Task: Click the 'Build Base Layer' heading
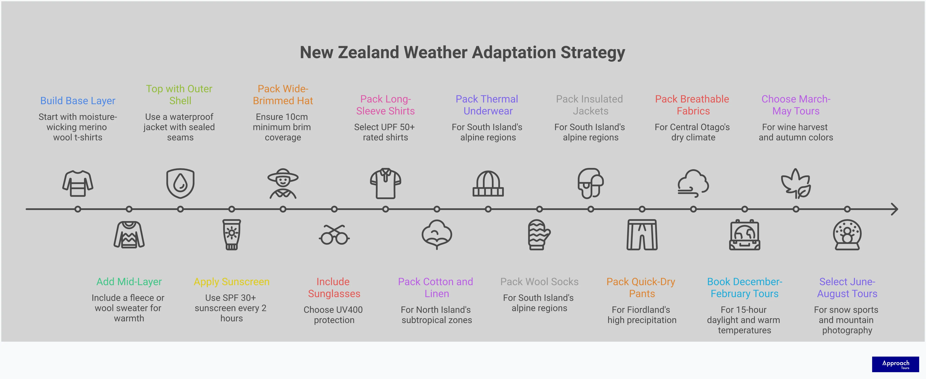pyautogui.click(x=78, y=101)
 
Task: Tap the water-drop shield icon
pyautogui.click(x=180, y=183)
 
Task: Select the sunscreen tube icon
pyautogui.click(x=231, y=235)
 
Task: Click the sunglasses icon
pyautogui.click(x=334, y=235)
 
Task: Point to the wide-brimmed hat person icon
pyautogui.click(x=283, y=183)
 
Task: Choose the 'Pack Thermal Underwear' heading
pyautogui.click(x=487, y=105)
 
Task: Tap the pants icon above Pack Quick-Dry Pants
pyautogui.click(x=642, y=235)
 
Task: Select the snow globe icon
pyautogui.click(x=847, y=235)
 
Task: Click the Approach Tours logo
pyautogui.click(x=895, y=364)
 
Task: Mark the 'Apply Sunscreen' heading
pyautogui.click(x=231, y=282)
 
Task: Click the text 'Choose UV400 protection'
pyautogui.click(x=333, y=315)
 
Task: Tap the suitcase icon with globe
pyautogui.click(x=745, y=235)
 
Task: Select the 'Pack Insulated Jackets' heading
pyautogui.click(x=590, y=105)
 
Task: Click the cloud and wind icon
pyautogui.click(x=693, y=183)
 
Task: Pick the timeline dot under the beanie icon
pyautogui.click(x=488, y=209)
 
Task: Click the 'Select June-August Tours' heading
pyautogui.click(x=847, y=287)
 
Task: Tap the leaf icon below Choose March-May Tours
pyautogui.click(x=796, y=183)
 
